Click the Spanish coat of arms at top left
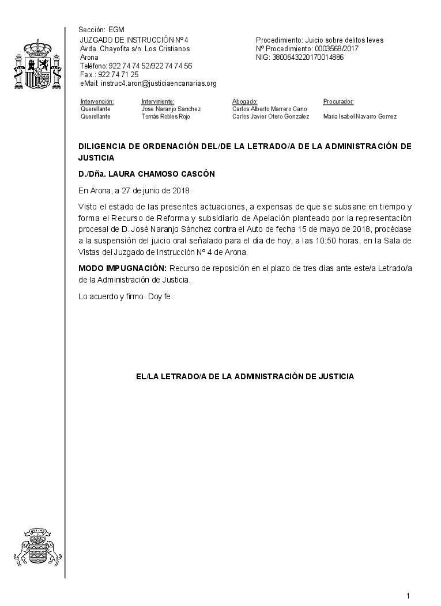[37, 64]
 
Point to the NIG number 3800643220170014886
[308, 58]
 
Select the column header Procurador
[338, 102]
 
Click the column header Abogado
[244, 102]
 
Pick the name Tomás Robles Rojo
[165, 116]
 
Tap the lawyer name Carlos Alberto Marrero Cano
[269, 109]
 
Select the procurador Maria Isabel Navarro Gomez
[360, 116]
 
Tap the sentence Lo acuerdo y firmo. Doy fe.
[126, 297]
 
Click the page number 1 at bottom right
[408, 596]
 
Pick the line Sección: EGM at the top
[101, 30]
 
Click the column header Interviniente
[157, 102]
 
